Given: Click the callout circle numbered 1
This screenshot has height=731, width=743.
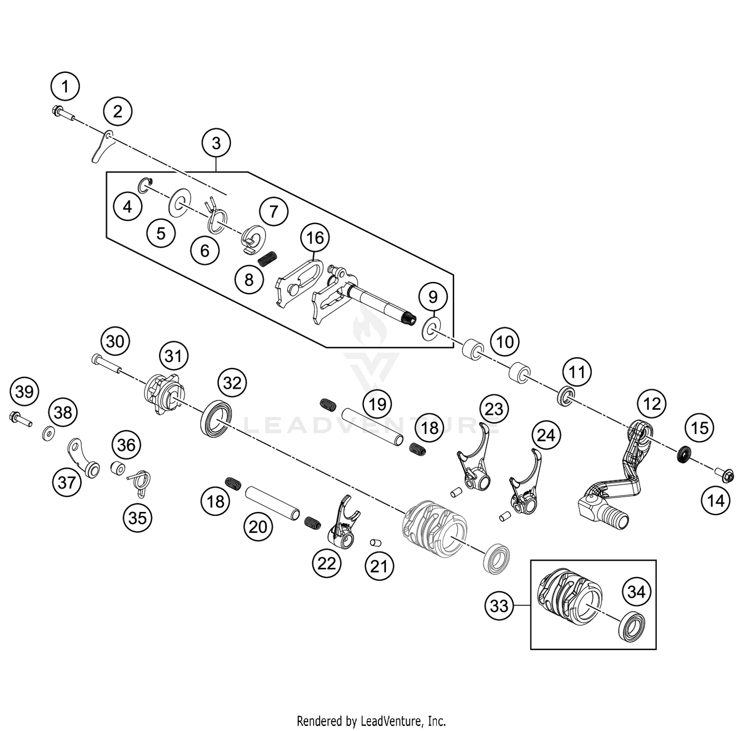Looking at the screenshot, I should coord(65,87).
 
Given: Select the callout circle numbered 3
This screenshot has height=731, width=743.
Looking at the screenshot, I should coord(216,143).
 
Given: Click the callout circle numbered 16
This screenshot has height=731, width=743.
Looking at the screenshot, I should coord(315,238).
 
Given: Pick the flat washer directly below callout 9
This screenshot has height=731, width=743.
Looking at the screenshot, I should coord(430,331).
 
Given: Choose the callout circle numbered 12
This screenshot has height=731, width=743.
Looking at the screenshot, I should coord(652,404).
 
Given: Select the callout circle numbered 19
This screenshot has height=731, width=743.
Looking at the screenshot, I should coord(377,404).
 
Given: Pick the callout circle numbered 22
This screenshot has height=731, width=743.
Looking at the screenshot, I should coord(326,563).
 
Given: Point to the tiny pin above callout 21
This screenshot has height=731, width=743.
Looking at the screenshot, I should coord(376,542).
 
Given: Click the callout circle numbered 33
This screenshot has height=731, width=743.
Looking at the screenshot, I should coord(499,605).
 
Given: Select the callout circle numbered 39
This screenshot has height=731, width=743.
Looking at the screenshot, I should coord(24,392).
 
